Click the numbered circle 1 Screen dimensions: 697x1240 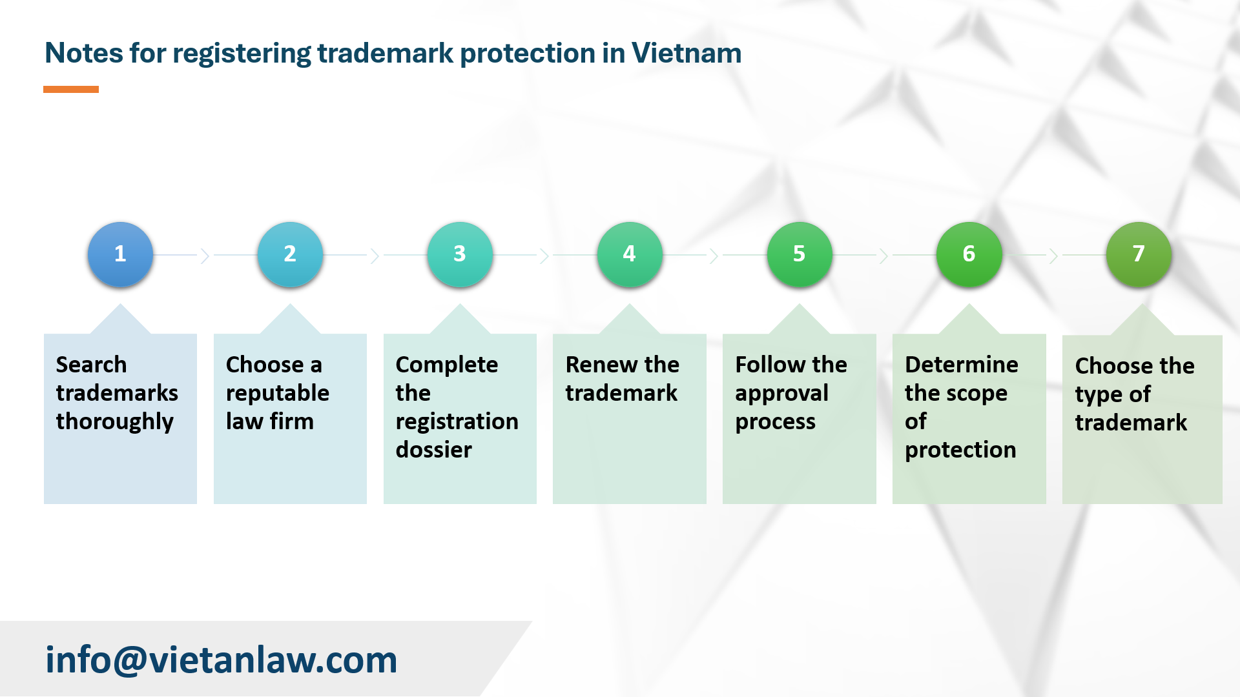pos(120,254)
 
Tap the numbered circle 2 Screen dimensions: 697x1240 pos(290,254)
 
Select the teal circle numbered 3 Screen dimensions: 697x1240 pos(460,254)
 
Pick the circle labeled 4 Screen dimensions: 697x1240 pos(630,254)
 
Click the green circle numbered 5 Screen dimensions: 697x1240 pos(800,254)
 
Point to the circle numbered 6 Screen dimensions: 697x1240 pos(969,254)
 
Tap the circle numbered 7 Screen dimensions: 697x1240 pos(1139,254)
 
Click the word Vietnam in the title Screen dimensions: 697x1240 pos(687,53)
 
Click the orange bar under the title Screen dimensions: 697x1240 pos(71,89)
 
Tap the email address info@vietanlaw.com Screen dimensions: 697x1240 pos(221,660)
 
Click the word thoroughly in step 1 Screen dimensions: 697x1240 pos(114,422)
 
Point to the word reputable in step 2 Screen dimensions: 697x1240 pos(278,394)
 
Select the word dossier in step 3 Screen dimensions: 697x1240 pos(434,450)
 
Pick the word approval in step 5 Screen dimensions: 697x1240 pos(781,394)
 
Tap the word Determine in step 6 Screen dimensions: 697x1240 pos(962,365)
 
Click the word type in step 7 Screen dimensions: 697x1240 pos(1099,395)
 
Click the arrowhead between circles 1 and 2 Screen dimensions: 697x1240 pos(205,256)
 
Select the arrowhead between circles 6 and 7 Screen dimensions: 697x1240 pos(1053,256)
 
